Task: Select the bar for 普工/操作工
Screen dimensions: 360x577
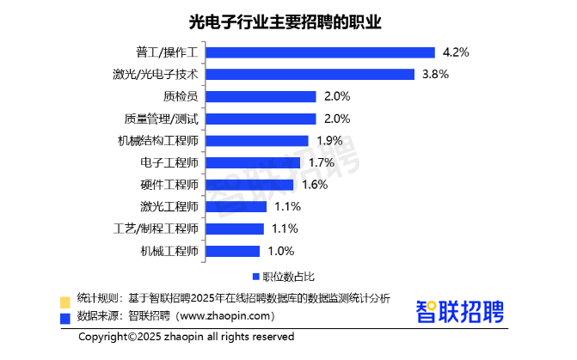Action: (321, 52)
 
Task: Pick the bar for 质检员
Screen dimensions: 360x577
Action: (261, 96)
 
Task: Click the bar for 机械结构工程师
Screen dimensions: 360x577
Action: (258, 140)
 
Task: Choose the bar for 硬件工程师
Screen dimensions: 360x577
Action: (250, 185)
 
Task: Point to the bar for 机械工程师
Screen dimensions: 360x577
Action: (234, 252)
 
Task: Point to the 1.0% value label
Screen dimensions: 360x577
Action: (281, 252)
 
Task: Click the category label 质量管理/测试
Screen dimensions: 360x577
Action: (161, 119)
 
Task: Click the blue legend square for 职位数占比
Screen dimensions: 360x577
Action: (255, 277)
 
